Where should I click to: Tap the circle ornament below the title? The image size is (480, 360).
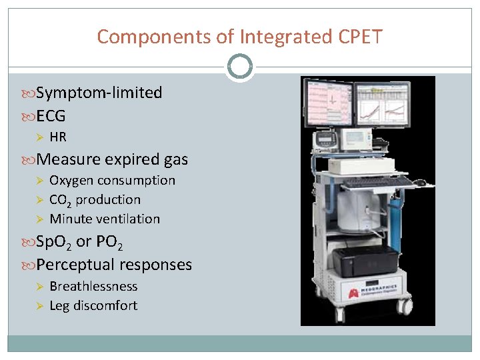click(x=239, y=67)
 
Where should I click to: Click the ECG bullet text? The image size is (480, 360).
click(x=51, y=116)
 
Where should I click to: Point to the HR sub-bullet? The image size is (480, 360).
click(x=58, y=137)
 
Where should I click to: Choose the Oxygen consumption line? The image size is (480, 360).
click(x=112, y=180)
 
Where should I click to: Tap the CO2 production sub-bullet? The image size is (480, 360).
click(x=95, y=199)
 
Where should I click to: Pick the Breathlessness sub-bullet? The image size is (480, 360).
click(x=93, y=286)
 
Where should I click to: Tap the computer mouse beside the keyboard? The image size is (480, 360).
click(x=419, y=181)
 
